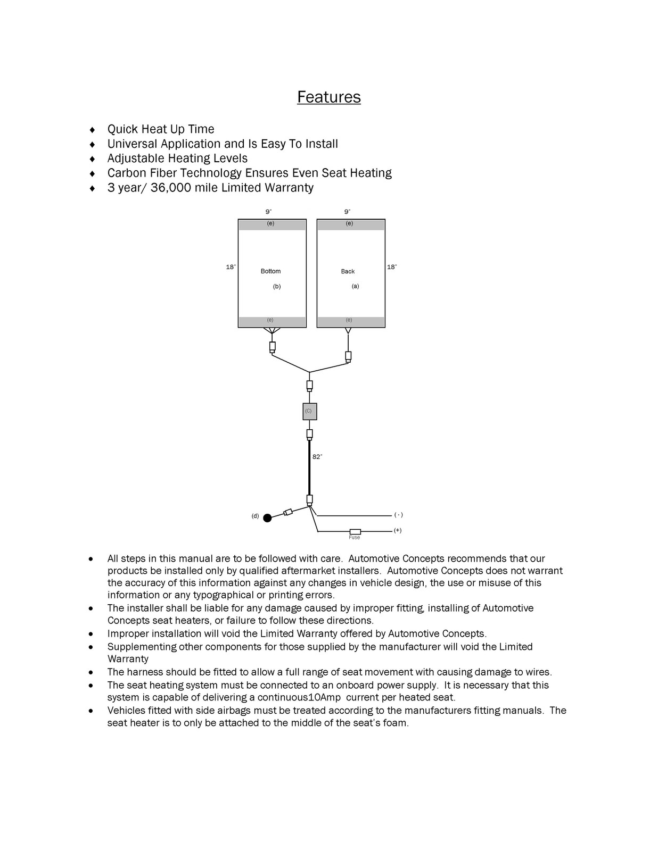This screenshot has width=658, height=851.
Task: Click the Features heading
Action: pos(328,97)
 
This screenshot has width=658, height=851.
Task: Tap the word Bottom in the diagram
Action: pos(270,271)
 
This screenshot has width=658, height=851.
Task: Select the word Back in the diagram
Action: pos(348,271)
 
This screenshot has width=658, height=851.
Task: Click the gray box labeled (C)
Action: pos(309,411)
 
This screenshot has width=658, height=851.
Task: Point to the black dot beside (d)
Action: pos(267,518)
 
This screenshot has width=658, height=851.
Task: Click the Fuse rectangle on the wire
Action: pos(355,531)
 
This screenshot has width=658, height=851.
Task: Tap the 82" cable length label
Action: pos(317,457)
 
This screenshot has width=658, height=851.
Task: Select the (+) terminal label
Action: pos(398,530)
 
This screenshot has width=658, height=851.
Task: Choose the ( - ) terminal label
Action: pos(398,515)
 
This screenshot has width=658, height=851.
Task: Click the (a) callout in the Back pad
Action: pos(355,286)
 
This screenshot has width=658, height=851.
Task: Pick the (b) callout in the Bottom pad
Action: pos(277,286)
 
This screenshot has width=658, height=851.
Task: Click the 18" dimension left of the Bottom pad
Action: pos(231,267)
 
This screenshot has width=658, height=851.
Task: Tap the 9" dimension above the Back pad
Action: pos(347,212)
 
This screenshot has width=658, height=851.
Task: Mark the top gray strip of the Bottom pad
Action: pos(272,224)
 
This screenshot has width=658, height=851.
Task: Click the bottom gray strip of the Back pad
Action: pos(351,321)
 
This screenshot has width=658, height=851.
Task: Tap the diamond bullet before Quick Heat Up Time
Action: pos(93,130)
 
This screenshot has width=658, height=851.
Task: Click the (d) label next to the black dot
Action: pos(255,516)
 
